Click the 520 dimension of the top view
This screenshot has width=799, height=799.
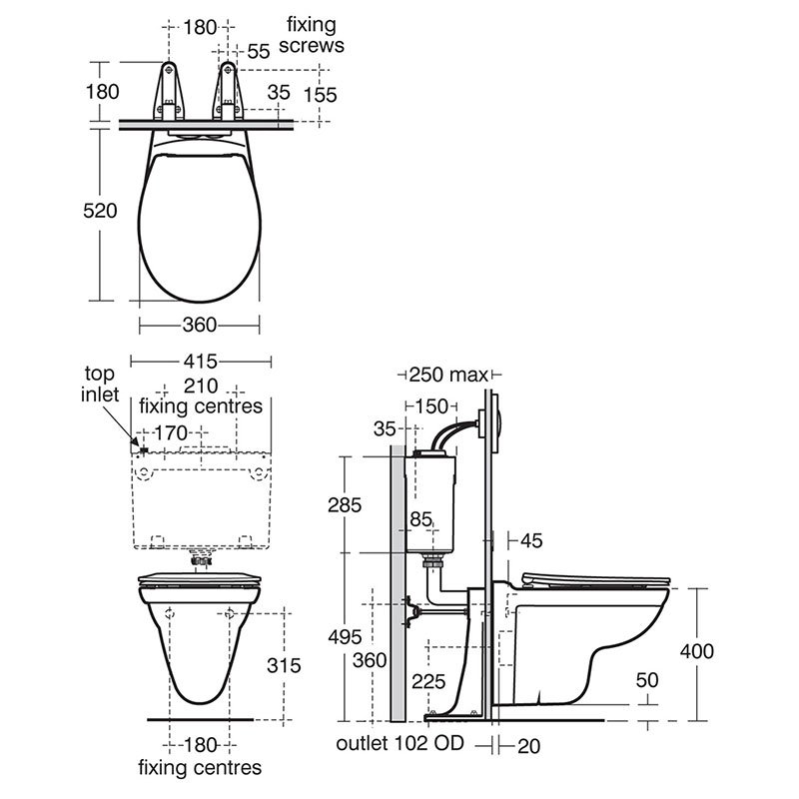[x=101, y=212]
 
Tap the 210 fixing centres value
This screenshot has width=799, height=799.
[x=200, y=386]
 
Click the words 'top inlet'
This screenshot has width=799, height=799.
[x=100, y=384]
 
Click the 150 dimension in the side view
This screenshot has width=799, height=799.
[x=431, y=405]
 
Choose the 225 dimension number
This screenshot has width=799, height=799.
[x=429, y=681]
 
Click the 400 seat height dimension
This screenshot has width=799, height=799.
[x=698, y=651]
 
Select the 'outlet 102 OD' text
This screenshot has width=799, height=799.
[x=400, y=745]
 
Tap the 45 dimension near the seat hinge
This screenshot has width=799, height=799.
[x=531, y=540]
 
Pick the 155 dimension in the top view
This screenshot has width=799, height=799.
[x=321, y=94]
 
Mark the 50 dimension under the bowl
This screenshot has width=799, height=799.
[x=647, y=679]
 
